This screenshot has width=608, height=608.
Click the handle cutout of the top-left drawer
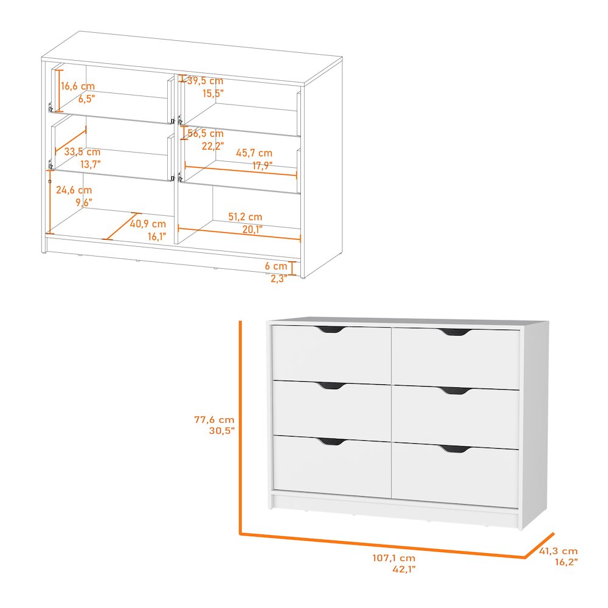[x=330, y=330]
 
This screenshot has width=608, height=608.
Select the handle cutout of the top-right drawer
[x=455, y=333]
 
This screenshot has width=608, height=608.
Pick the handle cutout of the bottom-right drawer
[x=455, y=449]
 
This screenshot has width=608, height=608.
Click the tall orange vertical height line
[x=241, y=426]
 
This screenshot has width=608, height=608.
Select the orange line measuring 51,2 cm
[x=239, y=233]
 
